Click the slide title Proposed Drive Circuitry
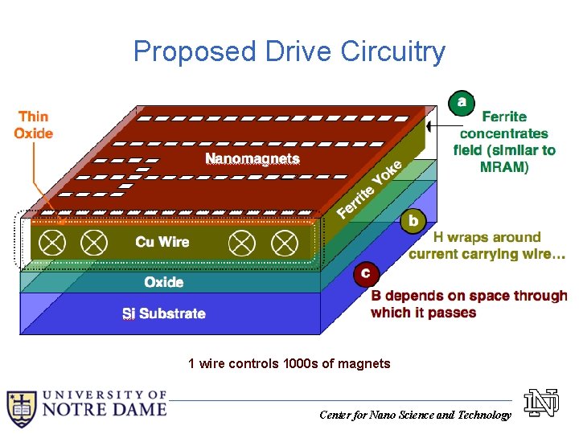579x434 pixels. [289, 51]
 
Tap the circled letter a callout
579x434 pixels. [461, 102]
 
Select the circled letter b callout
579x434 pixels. [413, 220]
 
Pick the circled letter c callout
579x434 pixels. [365, 274]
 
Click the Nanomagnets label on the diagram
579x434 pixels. [253, 159]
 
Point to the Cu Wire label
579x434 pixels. [162, 242]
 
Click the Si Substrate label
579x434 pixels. [163, 313]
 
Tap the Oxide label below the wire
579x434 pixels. [163, 282]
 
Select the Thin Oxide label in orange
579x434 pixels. [34, 125]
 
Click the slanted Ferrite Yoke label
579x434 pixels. [369, 189]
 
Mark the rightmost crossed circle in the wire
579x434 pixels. [283, 242]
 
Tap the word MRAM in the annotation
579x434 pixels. [504, 167]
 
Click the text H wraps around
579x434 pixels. [487, 237]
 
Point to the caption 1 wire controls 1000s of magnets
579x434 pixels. [289, 364]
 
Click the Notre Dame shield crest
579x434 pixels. [21, 407]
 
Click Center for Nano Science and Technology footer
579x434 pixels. [414, 415]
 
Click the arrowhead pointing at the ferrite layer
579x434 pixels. [432, 126]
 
